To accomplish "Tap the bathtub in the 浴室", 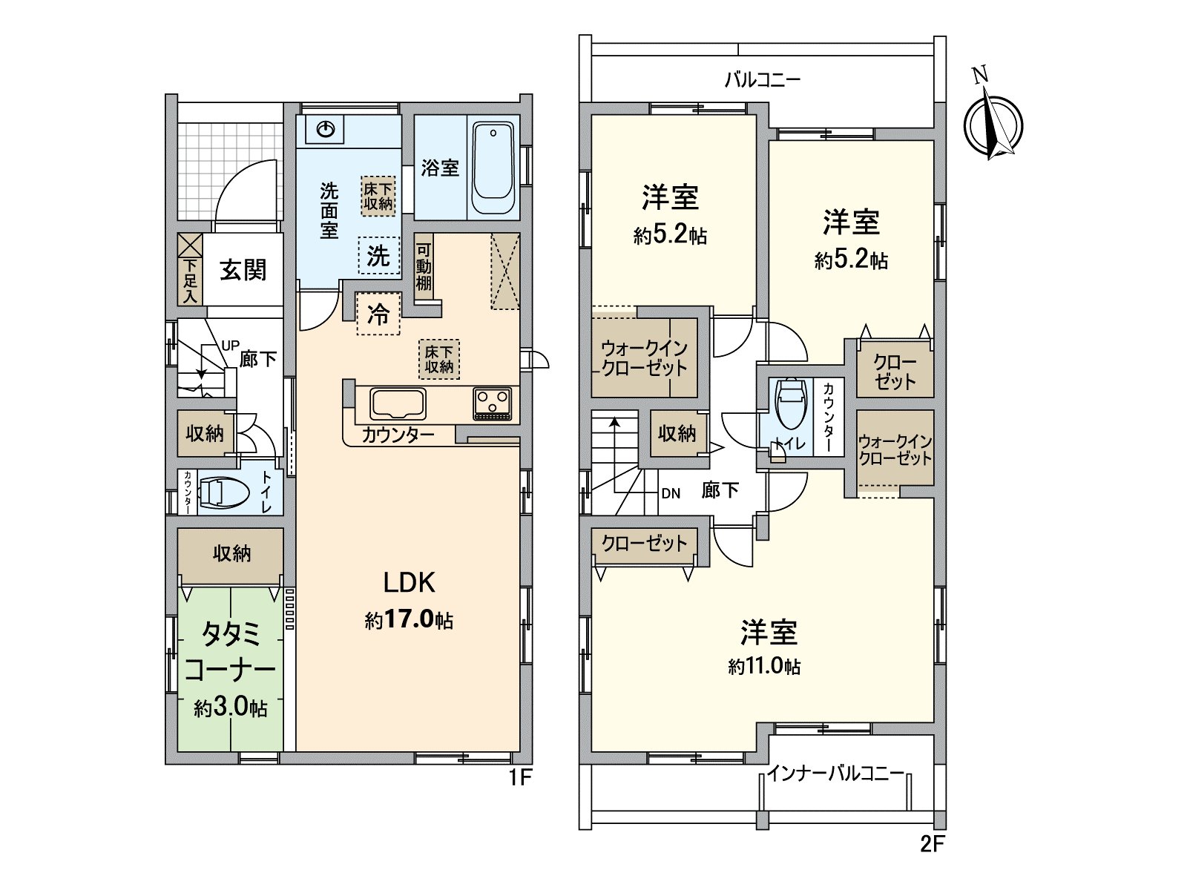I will [x=493, y=168].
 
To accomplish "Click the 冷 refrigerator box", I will [x=378, y=314].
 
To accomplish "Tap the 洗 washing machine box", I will [x=378, y=256].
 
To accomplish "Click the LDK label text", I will [x=409, y=583].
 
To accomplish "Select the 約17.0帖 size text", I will [x=409, y=620].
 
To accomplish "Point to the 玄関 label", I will [x=243, y=270].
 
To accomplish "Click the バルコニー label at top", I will [x=762, y=79].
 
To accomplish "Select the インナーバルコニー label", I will [x=835, y=774].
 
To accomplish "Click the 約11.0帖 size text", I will [x=764, y=666].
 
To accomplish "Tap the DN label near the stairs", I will [x=671, y=493].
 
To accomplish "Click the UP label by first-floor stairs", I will [x=230, y=346].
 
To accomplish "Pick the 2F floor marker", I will [x=933, y=843].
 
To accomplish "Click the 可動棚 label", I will [x=424, y=267].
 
